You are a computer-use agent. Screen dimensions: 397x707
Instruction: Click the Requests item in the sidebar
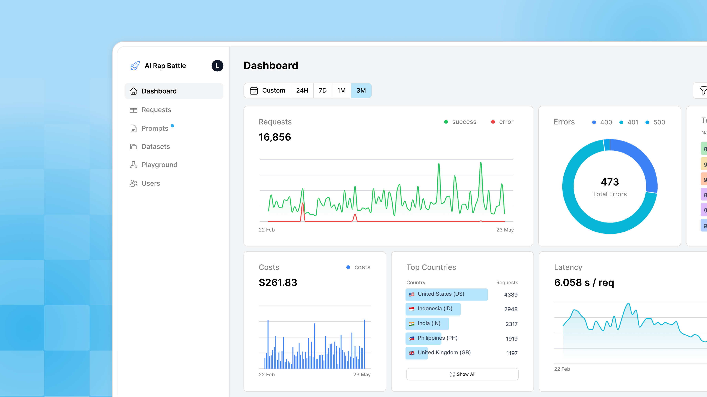click(156, 110)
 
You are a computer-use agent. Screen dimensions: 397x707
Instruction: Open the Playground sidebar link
click(159, 165)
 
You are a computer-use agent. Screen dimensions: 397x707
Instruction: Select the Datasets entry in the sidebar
click(156, 147)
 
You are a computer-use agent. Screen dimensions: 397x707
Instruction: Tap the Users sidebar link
click(151, 183)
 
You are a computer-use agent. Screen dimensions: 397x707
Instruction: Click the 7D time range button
click(322, 90)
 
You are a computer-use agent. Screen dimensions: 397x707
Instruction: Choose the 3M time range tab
click(361, 90)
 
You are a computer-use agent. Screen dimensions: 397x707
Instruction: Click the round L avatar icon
click(217, 66)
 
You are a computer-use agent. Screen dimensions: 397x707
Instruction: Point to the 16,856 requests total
click(275, 137)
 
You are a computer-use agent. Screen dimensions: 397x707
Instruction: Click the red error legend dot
click(493, 122)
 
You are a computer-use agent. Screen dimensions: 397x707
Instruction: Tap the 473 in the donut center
click(610, 182)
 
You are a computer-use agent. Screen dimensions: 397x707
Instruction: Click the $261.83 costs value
click(278, 283)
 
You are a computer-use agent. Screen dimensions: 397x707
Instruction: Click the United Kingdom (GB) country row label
click(444, 353)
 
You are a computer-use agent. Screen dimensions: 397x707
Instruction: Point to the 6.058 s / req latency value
click(584, 283)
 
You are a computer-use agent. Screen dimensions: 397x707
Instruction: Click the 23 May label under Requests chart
click(505, 230)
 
